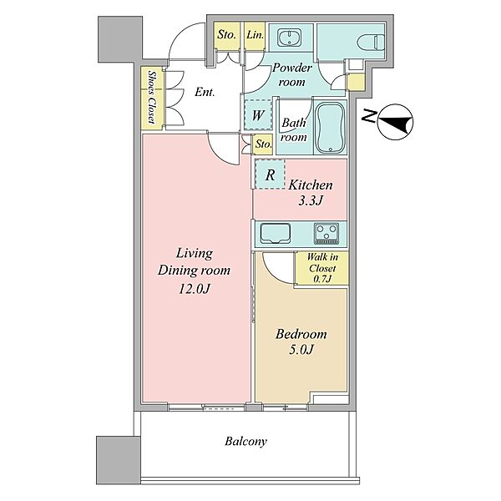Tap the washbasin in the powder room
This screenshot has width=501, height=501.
289,38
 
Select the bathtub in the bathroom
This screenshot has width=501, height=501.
331,128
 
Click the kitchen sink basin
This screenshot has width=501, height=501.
276,233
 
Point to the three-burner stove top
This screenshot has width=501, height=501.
326,233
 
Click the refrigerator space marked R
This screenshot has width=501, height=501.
270,175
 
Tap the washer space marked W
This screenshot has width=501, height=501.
258,114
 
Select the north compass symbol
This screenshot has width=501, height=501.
395,122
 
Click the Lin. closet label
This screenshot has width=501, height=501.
255,35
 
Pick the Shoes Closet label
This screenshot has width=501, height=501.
151,97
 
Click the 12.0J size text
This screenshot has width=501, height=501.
194,289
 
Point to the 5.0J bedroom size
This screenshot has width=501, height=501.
301,350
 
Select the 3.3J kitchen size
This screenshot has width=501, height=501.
311,200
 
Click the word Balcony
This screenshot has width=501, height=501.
245,442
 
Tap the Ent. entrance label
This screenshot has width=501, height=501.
205,93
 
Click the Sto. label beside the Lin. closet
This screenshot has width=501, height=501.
226,34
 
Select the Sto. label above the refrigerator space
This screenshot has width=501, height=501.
263,144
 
